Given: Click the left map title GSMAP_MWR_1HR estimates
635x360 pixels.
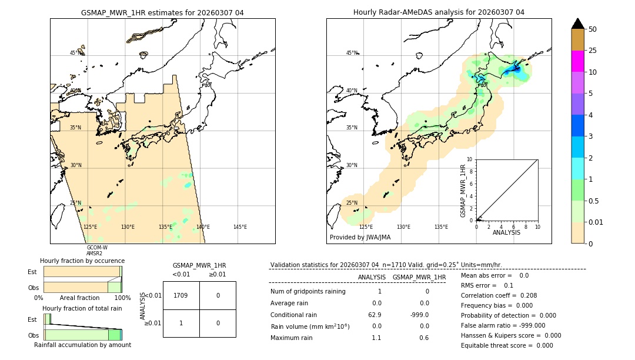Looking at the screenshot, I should tap(162, 12).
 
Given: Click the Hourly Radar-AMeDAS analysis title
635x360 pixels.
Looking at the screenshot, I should tap(439, 12).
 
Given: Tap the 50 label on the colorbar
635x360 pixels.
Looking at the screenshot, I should tap(593, 29).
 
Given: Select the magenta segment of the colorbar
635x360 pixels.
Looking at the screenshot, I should tap(577, 61).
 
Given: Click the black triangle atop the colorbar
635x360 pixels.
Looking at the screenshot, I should tap(577, 24).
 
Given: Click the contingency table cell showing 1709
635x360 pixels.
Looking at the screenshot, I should tap(181, 295).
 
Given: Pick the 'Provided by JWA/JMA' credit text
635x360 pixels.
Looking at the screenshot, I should tap(360, 237).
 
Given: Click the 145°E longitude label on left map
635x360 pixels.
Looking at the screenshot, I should tap(240, 227).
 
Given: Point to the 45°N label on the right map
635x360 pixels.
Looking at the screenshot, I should tap(352, 53).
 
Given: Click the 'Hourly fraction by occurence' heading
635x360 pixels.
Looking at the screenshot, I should tap(82, 261).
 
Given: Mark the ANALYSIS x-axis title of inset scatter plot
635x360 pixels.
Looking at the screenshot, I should tap(506, 232).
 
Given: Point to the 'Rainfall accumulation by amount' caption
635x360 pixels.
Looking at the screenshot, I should tap(82, 345).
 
